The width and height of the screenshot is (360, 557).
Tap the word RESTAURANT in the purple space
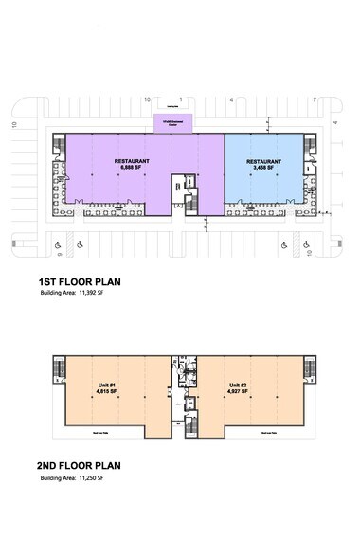click(x=132, y=160)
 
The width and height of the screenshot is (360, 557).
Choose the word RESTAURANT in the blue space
click(x=263, y=160)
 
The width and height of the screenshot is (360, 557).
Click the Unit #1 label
click(x=107, y=386)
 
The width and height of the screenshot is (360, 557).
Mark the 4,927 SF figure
click(x=239, y=392)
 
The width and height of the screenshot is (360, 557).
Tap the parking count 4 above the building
click(x=231, y=99)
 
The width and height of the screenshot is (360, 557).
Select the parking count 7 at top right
click(x=314, y=99)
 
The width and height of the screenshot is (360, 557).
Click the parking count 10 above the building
click(x=147, y=99)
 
